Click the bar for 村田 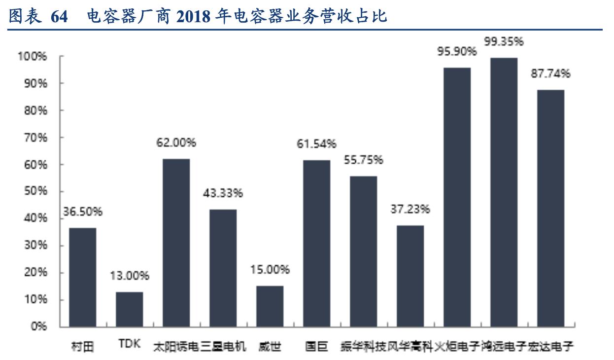(x=82, y=277)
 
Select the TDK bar (x=129, y=309)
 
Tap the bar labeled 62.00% (x=176, y=243)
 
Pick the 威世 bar (x=270, y=306)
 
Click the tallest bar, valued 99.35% (x=504, y=192)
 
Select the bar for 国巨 (x=316, y=243)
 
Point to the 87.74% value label (x=550, y=74)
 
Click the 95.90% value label (x=457, y=51)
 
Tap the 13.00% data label (x=129, y=276)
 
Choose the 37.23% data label (x=410, y=209)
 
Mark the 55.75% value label (x=364, y=160)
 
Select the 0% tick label (x=38, y=326)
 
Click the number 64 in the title (x=59, y=17)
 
